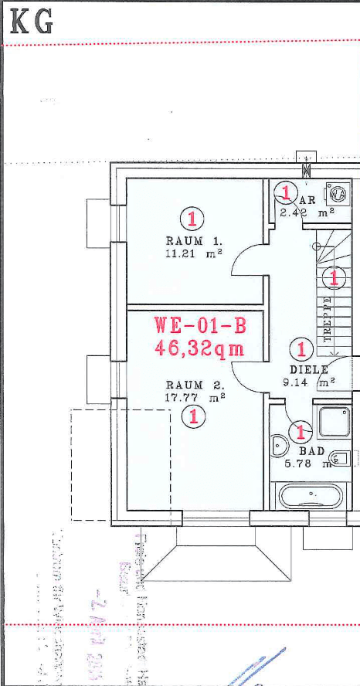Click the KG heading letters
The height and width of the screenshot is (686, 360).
32,22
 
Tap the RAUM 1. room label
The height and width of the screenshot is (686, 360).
185,241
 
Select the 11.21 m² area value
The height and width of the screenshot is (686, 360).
193,253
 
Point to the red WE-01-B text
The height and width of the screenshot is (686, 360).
199,324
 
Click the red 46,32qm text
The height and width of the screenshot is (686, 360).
199,348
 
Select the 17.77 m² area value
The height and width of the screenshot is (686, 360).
195,397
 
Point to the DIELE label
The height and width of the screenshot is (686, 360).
309,369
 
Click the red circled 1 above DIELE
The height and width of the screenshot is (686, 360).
301,349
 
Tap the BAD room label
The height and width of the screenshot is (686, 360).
312,451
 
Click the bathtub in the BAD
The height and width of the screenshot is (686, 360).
311,495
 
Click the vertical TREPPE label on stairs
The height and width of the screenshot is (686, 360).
328,318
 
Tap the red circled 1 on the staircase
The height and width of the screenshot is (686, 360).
334,276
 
